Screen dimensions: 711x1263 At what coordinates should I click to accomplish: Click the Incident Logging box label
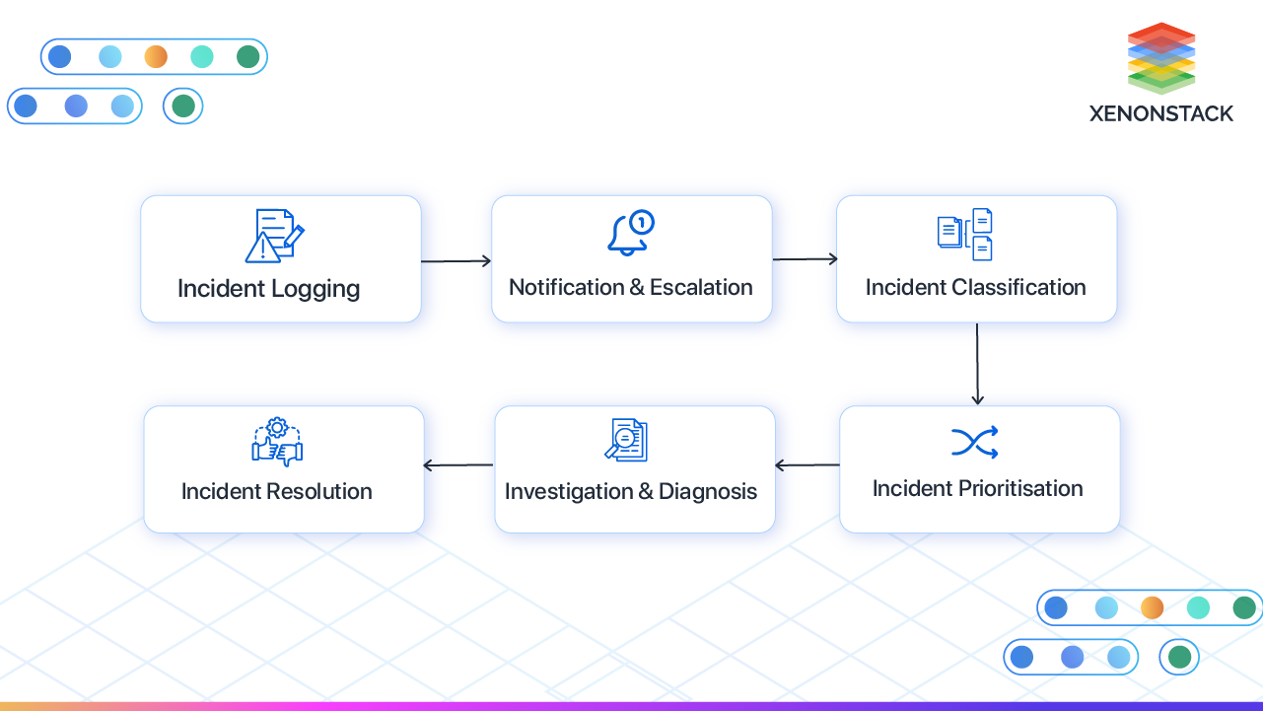[268, 289]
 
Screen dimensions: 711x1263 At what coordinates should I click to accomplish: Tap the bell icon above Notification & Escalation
[630, 234]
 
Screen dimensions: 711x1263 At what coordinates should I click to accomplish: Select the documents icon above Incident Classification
[964, 234]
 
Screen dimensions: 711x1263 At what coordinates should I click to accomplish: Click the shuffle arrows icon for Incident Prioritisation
[975, 443]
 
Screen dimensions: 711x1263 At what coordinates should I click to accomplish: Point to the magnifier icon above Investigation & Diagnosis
[626, 440]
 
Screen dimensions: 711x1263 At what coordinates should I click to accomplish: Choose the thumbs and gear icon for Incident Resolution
[277, 442]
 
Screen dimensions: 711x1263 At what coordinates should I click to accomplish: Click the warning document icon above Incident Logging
[273, 236]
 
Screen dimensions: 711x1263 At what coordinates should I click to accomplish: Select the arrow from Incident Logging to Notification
[456, 261]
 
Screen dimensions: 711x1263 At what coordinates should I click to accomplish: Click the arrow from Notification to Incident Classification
[805, 259]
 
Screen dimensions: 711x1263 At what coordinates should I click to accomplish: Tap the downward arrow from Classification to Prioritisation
[977, 364]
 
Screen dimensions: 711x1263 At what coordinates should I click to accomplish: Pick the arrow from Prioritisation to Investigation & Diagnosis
[807, 465]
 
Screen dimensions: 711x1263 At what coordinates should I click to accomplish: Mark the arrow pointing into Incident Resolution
[458, 465]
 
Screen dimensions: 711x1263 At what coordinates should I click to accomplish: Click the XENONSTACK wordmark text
[1161, 113]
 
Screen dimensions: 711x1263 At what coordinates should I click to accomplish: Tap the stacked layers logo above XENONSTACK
[1161, 58]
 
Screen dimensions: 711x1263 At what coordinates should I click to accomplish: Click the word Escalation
[701, 288]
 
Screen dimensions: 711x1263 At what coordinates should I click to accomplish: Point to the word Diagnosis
[708, 492]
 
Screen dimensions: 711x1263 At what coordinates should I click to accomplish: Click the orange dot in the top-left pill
[156, 57]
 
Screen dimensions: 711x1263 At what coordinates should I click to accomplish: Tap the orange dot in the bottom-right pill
[1152, 607]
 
